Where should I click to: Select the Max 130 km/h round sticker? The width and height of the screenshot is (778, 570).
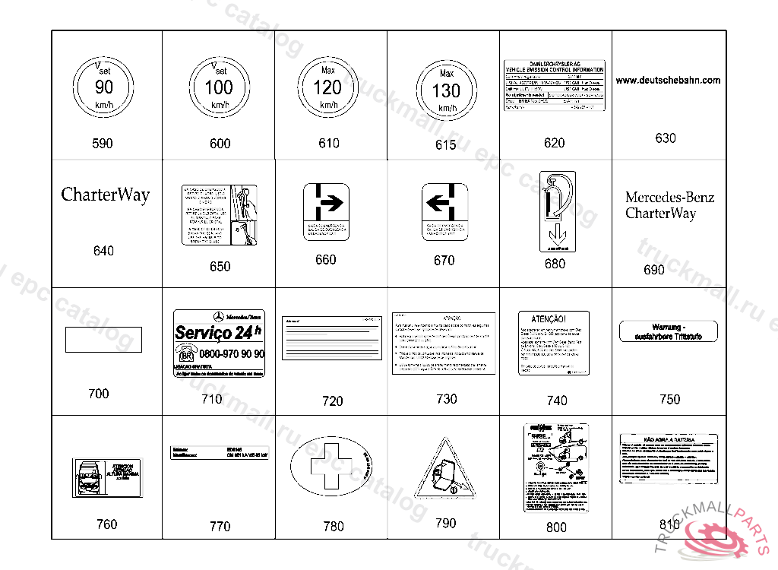coord(446,90)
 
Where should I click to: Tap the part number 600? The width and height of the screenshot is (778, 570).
coord(220,144)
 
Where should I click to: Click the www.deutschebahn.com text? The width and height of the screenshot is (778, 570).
coord(668,80)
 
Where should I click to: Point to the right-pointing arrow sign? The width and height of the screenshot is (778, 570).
coord(326,203)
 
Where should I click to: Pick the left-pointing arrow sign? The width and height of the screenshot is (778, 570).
coord(444,203)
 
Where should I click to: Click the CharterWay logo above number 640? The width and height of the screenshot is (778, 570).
coord(105,195)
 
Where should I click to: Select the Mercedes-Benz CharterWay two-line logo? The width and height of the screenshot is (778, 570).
coord(669,205)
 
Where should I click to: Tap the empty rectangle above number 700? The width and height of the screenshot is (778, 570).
coord(103,339)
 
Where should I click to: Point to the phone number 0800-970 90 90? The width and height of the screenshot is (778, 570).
coord(231,354)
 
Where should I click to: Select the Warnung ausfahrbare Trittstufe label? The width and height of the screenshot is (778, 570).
coord(669,331)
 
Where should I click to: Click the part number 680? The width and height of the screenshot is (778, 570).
coord(555,264)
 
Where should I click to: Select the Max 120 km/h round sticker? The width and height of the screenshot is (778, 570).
coord(328,87)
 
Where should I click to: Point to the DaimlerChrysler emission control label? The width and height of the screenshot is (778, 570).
coord(555,86)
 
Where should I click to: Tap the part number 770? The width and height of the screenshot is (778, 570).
coord(220,526)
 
